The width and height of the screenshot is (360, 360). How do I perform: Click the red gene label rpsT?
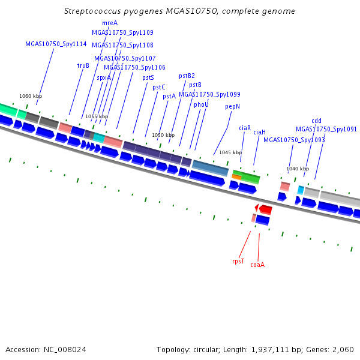[238, 261]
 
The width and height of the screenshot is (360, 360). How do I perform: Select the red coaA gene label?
[257, 265]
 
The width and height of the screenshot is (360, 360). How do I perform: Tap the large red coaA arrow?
[266, 209]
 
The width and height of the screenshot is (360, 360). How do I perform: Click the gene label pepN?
[232, 107]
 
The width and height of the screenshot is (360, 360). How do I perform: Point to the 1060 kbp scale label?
[31, 96]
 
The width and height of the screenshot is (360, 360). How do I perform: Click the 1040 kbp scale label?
[298, 169]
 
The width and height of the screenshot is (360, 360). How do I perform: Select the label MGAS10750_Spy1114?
[56, 44]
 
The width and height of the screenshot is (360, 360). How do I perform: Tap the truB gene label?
[83, 65]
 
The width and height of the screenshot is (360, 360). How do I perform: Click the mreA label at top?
[110, 23]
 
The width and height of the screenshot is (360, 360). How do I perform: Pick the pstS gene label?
[148, 78]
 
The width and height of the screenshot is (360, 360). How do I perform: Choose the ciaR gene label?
[245, 128]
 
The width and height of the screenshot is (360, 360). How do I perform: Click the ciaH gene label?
[259, 132]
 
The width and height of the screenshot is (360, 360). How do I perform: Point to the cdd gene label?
[316, 121]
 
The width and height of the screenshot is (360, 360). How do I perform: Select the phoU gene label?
[201, 104]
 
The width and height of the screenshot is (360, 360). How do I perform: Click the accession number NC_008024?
[65, 350]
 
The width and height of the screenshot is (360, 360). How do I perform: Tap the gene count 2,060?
[343, 350]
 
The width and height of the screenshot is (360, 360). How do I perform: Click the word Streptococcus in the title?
[92, 11]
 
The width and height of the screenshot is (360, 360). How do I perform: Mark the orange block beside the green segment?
[236, 177]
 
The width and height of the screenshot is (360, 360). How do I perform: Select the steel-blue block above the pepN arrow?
[211, 168]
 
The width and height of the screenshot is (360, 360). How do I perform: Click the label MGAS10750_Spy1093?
[294, 140]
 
